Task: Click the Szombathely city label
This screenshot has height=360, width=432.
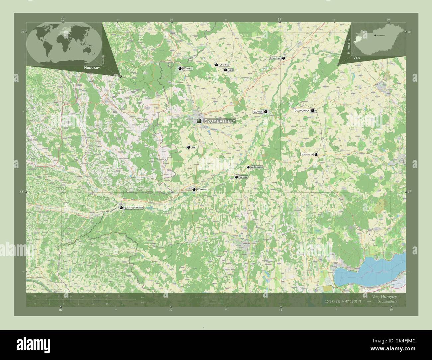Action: pyautogui.click(x=220, y=121)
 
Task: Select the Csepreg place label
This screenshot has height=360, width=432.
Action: pyautogui.click(x=224, y=65)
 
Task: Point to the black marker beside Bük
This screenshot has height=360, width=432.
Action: pyautogui.click(x=225, y=70)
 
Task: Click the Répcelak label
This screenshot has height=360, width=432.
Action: pyautogui.click(x=275, y=58)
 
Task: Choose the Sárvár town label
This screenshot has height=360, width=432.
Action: pyautogui.click(x=258, y=112)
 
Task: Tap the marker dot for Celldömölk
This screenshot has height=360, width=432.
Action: pyautogui.click(x=312, y=110)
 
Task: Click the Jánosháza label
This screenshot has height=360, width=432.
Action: pyautogui.click(x=307, y=154)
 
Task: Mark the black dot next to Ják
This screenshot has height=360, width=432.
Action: pyautogui.click(x=189, y=147)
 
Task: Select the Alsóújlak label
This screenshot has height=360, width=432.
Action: pyautogui.click(x=257, y=167)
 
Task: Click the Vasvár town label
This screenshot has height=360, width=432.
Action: pyautogui.click(x=243, y=177)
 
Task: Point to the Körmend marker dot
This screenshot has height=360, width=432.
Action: pyautogui.click(x=194, y=189)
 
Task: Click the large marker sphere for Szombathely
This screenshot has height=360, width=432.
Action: pyautogui.click(x=199, y=121)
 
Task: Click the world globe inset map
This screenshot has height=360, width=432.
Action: pyautogui.click(x=64, y=44)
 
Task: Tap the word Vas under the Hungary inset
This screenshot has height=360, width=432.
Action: pyautogui.click(x=357, y=58)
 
